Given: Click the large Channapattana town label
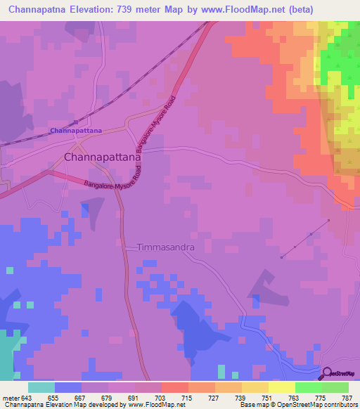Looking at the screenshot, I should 103,158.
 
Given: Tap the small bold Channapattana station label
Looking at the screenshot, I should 76,131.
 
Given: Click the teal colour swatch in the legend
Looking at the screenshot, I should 41,387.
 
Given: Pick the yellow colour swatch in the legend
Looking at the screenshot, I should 282,387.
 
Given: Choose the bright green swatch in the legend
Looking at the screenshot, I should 309,387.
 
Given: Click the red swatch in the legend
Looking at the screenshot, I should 175,387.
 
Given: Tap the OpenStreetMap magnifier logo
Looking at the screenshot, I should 327,374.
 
